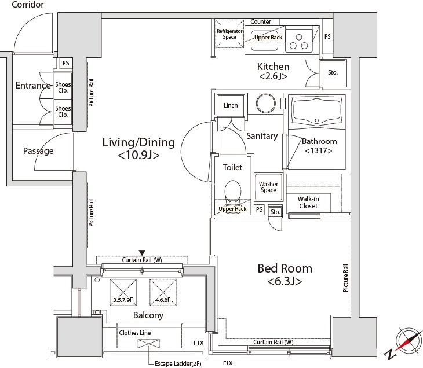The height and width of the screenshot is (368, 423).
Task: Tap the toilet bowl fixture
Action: coord(232,190)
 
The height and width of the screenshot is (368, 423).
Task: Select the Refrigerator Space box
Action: coord(229,35)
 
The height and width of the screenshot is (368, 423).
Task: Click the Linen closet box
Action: coord(230,106)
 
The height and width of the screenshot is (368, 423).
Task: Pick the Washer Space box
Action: coord(268,187)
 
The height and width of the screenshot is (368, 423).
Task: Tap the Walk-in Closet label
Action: coord(308,202)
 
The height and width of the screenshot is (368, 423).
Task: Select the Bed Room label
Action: coord(285,268)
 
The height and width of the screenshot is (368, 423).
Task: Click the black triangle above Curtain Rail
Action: coord(142,252)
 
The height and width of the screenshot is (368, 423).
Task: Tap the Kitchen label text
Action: coord(273,67)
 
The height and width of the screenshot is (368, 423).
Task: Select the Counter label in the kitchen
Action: coord(261,21)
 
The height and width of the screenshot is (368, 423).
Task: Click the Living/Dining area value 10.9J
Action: coord(138,156)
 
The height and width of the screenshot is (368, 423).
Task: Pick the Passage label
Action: coord(38,151)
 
